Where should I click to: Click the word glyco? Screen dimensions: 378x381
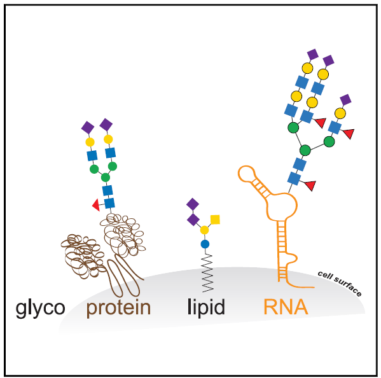[x=40, y=308]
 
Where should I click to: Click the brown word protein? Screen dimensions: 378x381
[x=119, y=308]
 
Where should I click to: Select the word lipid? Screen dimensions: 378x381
[x=206, y=308]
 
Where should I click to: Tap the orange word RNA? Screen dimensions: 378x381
[x=286, y=308]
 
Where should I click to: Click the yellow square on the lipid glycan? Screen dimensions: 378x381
[x=215, y=220]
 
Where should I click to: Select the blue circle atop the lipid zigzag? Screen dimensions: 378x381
[x=205, y=244]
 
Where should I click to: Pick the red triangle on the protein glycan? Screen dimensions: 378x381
[x=95, y=204]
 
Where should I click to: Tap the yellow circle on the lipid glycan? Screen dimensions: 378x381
[x=205, y=229]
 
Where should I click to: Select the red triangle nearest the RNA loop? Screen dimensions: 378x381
[x=310, y=186]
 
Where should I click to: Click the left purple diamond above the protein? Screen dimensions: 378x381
[x=88, y=127]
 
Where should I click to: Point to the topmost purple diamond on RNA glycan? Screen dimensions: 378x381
[x=312, y=53]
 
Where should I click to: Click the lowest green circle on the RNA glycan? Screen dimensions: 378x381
[x=305, y=150]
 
